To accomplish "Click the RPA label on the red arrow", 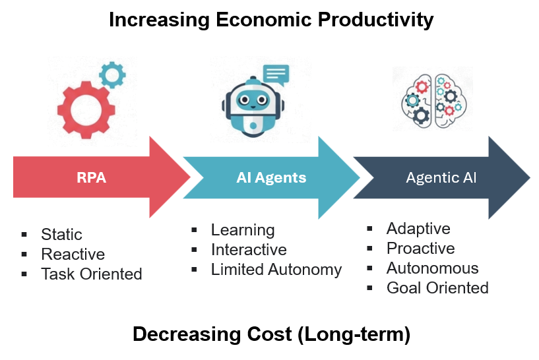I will point(91,177).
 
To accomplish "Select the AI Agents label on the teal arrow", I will point(271,177).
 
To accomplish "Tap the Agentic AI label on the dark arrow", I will point(441,177).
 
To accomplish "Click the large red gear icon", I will point(84,109).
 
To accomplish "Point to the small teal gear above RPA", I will point(112,74).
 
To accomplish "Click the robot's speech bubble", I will point(275,74).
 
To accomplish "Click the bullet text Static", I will point(61,235).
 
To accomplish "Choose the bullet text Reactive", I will point(73,255).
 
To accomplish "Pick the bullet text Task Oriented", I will point(92,274).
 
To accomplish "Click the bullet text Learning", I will point(243,230).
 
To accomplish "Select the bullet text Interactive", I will point(249,250).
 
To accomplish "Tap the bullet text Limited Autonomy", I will point(276,269).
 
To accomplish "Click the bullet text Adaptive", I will point(418,229).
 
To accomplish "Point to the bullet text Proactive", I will point(420,249).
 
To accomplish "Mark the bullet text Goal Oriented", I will point(437,287).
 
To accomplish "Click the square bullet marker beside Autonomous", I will point(371,268).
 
